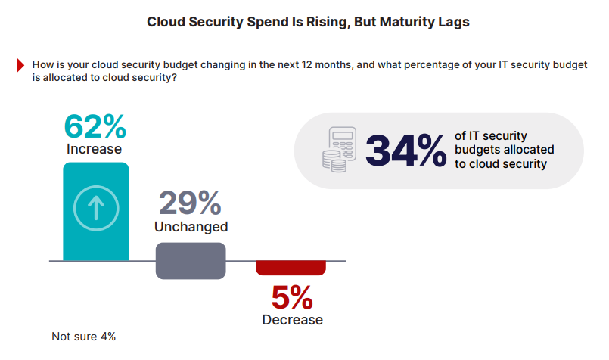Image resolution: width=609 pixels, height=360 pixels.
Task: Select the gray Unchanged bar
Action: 190,260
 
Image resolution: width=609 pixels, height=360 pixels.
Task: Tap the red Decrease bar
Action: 291,268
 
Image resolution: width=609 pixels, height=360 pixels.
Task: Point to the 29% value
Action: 190,203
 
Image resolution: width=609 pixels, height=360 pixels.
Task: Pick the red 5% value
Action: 291,297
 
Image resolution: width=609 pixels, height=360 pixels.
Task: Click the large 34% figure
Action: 405,150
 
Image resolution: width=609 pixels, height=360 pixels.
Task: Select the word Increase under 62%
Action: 93,149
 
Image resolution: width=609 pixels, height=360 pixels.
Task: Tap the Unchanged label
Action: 191,226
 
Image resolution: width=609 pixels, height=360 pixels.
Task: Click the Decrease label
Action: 292,320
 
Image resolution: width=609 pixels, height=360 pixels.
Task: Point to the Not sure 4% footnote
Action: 83,336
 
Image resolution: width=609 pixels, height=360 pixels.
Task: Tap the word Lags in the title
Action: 454,22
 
